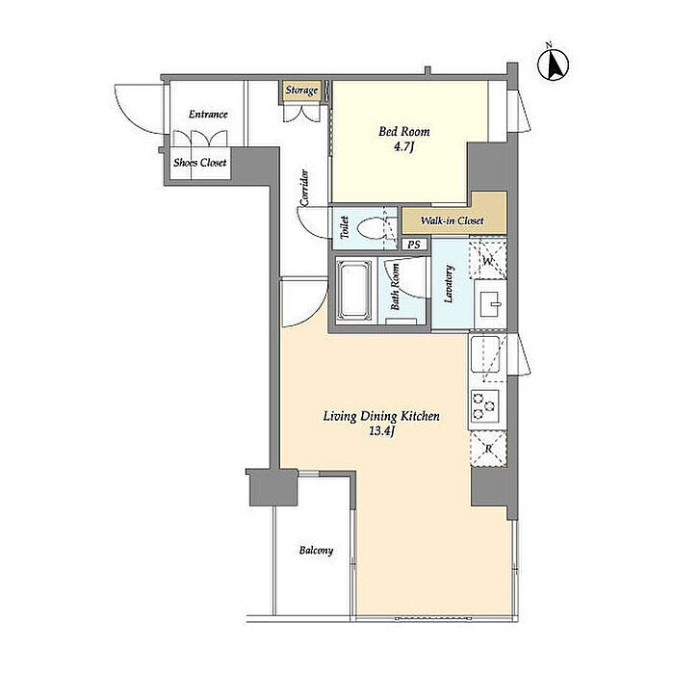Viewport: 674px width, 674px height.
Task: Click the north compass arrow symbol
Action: (x=554, y=65)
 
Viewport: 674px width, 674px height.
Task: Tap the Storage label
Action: (x=301, y=91)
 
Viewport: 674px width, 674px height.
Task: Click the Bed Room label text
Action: (x=404, y=132)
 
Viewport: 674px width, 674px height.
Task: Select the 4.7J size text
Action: (x=404, y=147)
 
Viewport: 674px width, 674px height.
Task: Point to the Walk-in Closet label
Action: (x=452, y=220)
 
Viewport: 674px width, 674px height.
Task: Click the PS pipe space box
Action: (x=414, y=245)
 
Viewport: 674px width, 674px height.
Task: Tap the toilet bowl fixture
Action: (x=371, y=229)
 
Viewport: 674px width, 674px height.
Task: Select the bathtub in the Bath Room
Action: (x=353, y=290)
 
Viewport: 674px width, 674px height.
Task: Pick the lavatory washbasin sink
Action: (x=490, y=304)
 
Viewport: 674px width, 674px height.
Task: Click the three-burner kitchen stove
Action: (x=484, y=405)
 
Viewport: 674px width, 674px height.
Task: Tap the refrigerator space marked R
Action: (x=489, y=450)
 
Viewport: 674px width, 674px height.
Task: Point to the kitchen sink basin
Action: (x=485, y=354)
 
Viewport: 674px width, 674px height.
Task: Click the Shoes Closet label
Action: (x=200, y=163)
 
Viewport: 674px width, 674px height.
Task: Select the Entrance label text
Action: (x=208, y=115)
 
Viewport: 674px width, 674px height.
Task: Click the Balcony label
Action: (x=317, y=551)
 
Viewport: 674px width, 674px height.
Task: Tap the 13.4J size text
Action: (x=381, y=431)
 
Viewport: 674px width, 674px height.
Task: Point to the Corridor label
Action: (x=304, y=188)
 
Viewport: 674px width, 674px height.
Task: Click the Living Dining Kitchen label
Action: (x=381, y=416)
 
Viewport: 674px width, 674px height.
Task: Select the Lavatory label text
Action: (x=449, y=285)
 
